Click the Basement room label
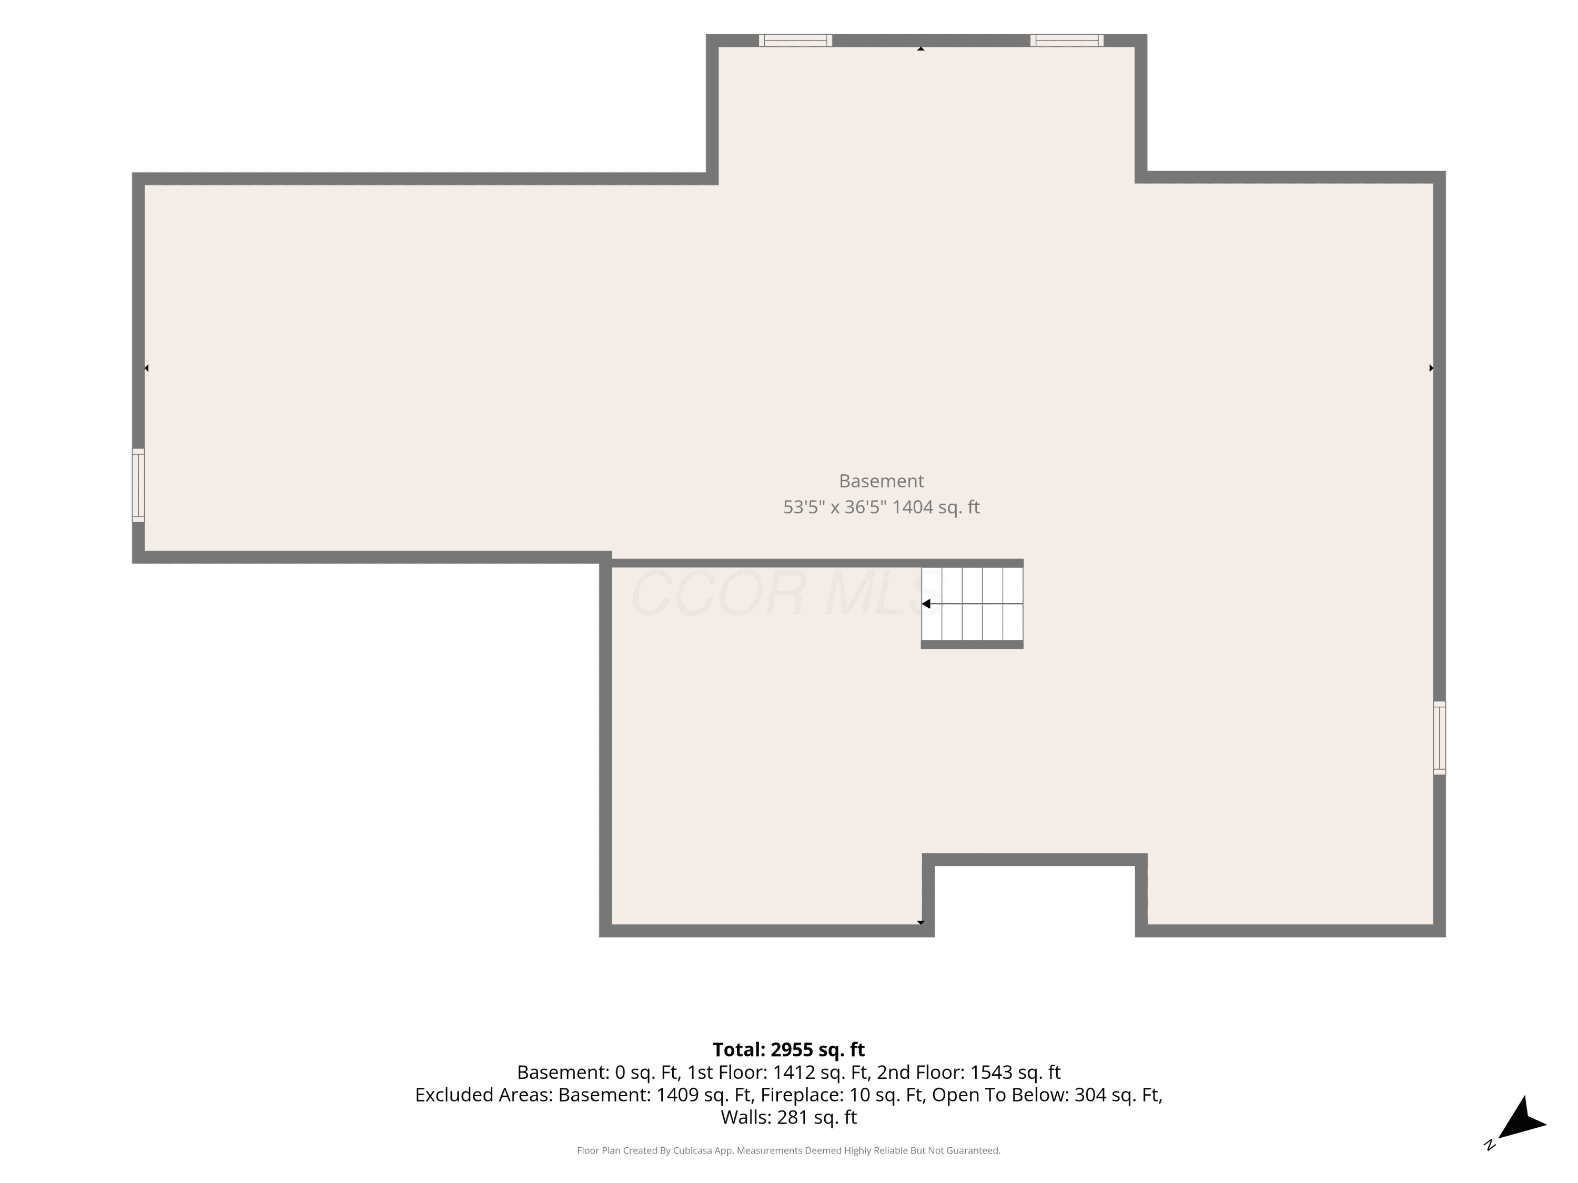[x=881, y=481]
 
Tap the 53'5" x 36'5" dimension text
[x=835, y=507]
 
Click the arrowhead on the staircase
[x=926, y=604]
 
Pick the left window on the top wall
[x=795, y=40]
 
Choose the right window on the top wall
[x=1067, y=40]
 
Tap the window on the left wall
[x=138, y=486]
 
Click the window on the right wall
[x=1440, y=738]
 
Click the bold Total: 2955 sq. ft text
[x=788, y=1049]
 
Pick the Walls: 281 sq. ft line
[x=788, y=1117]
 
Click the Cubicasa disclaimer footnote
[x=788, y=1150]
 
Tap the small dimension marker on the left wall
[x=146, y=368]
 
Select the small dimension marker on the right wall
[x=1431, y=368]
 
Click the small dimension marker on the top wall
[x=921, y=48]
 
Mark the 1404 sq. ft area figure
[x=936, y=507]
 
